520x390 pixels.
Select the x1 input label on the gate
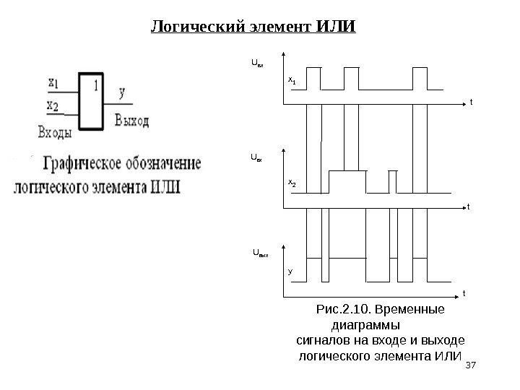coord(53,84)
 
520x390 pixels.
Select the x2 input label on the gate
coord(53,105)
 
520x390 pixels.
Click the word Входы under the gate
coord(55,131)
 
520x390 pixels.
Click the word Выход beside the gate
coord(131,121)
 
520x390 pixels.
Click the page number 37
coord(472,367)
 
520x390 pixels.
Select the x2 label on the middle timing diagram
coord(292,184)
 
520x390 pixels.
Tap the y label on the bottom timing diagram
coord(290,272)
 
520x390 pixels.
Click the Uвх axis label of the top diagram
coord(257,64)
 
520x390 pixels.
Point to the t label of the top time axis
coord(471,103)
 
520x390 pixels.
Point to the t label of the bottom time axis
coord(464,293)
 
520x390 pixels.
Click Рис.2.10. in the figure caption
coord(341,310)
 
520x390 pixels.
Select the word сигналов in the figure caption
coord(323,339)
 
